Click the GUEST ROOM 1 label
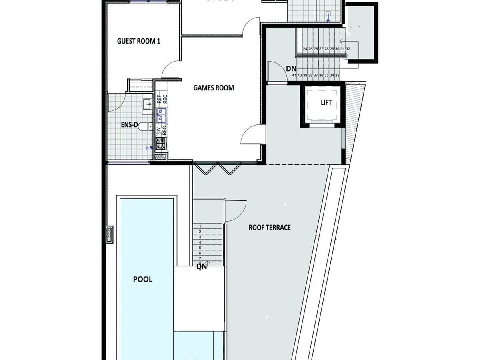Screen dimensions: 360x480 click(138, 41)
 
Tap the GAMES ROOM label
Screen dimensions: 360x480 click(214, 88)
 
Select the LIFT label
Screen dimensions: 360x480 click(326, 103)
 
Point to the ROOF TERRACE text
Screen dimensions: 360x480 click(270, 228)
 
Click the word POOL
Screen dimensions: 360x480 click(143, 279)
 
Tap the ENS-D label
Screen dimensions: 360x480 click(129, 125)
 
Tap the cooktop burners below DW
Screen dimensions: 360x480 click(161, 143)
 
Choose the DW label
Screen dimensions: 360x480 click(159, 130)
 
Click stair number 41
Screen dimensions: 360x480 click(294, 75)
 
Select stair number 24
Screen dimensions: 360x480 click(305, 49)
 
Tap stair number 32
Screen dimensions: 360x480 click(348, 49)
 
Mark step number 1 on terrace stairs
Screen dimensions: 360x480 click(200, 226)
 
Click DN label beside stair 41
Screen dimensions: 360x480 click(291, 69)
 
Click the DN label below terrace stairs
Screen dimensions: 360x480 click(202, 267)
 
